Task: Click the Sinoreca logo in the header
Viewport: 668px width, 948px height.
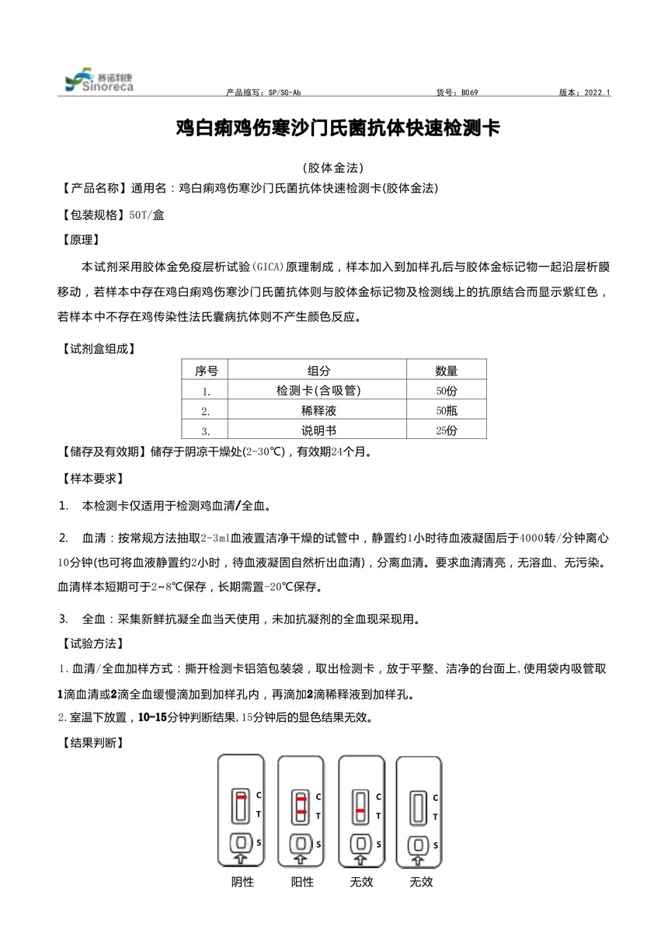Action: pos(99,81)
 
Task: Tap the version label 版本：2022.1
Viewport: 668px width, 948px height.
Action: pos(584,92)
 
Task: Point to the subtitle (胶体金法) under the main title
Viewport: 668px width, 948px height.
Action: pos(333,168)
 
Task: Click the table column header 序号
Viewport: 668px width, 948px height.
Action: pos(206,371)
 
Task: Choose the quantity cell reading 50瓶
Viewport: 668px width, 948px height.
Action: pos(446,410)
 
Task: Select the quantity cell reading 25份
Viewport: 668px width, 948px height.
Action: pos(446,430)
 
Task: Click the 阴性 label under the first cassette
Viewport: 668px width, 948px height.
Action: pos(242,882)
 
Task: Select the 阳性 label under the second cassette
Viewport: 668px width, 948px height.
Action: pos(302,882)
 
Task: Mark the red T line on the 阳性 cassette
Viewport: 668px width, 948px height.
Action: pos(301,814)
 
